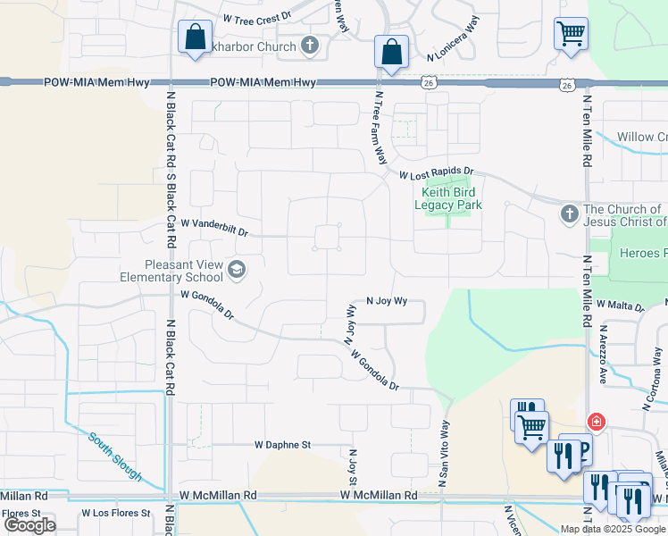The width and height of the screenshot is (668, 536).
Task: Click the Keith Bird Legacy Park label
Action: coord(447,198)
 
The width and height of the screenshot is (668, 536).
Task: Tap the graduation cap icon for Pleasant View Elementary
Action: coord(238,268)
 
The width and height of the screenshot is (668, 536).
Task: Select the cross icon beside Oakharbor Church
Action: coord(310,46)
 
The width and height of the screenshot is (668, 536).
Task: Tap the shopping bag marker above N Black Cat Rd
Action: coord(195,38)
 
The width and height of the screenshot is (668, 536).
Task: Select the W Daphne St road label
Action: coord(282,444)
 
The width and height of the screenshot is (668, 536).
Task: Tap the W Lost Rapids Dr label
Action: coord(436,172)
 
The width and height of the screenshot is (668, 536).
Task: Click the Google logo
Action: coord(30,525)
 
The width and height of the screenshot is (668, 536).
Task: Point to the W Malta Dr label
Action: coord(621,306)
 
